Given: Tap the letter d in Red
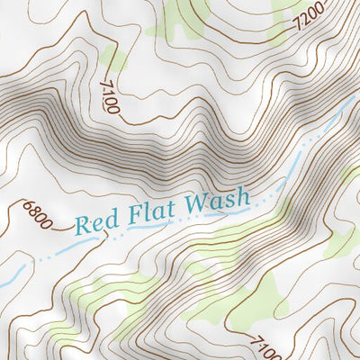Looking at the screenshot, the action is tap(107, 219).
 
